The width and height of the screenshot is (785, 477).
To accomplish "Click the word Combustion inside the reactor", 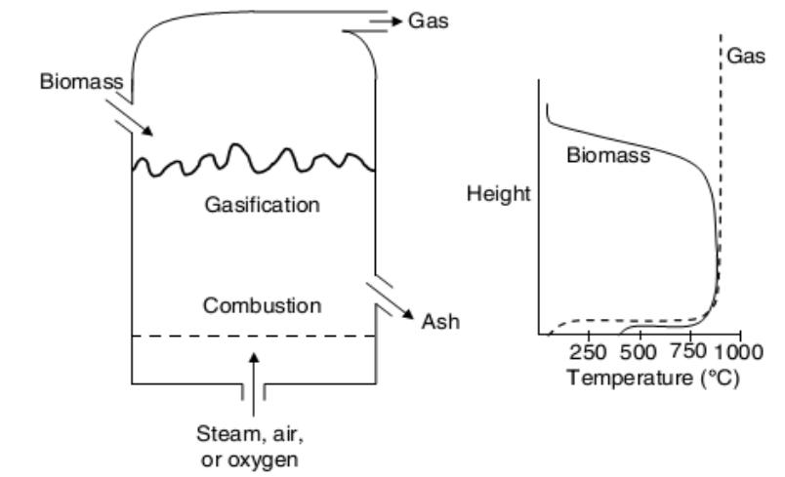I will point(262,305).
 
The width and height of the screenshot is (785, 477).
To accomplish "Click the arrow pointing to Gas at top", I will point(389,20).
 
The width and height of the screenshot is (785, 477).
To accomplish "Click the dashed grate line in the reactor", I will point(254,336).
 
